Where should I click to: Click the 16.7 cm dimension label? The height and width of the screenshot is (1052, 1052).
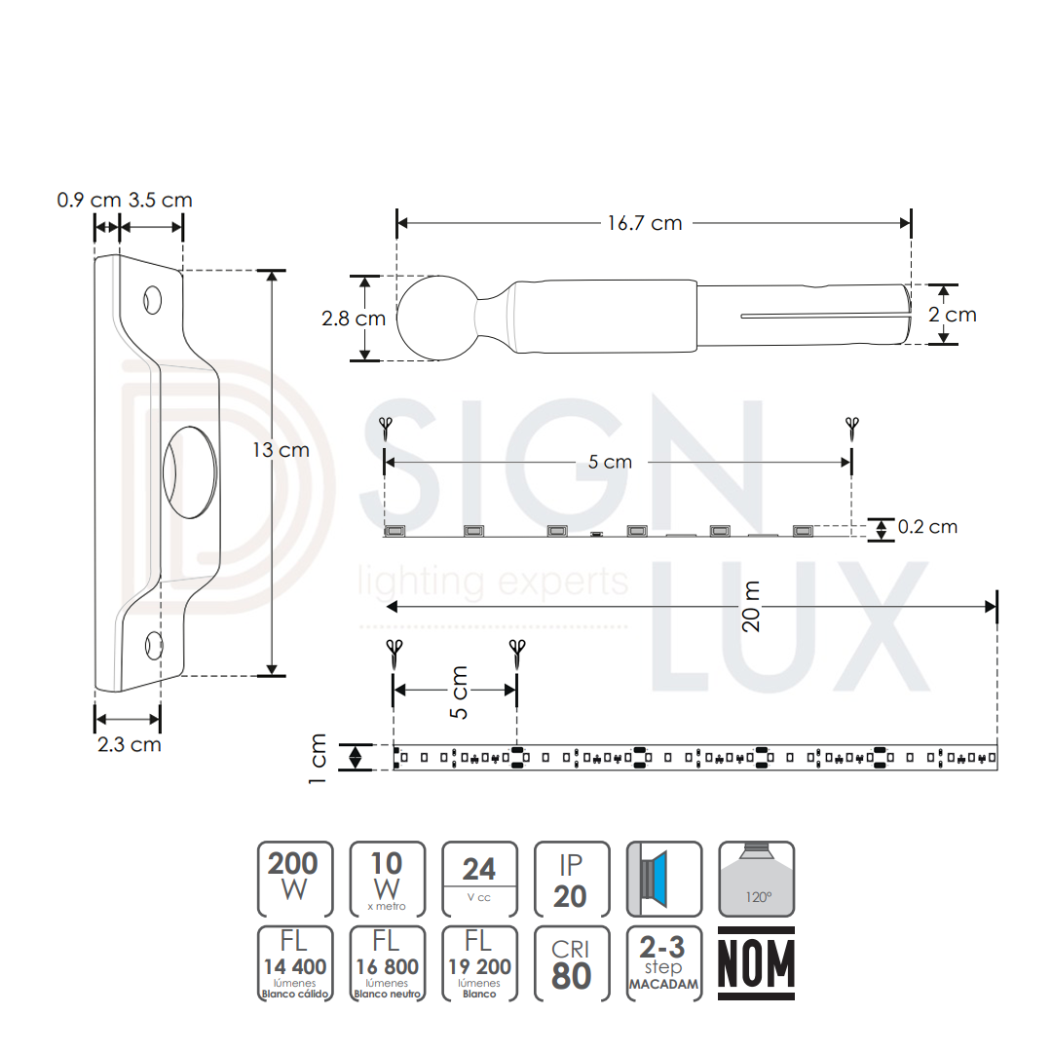[644, 223]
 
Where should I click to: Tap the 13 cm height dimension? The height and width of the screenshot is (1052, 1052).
[282, 449]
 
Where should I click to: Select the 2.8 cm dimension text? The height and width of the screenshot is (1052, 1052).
[354, 318]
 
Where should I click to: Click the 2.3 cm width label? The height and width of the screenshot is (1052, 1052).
[130, 744]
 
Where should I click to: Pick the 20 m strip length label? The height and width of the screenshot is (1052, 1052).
[751, 607]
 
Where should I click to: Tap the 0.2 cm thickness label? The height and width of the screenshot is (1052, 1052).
[927, 527]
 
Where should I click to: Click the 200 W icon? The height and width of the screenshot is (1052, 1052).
[295, 879]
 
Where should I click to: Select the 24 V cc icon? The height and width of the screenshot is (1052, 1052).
[479, 879]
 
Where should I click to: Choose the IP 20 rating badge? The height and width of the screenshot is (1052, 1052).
[572, 879]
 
